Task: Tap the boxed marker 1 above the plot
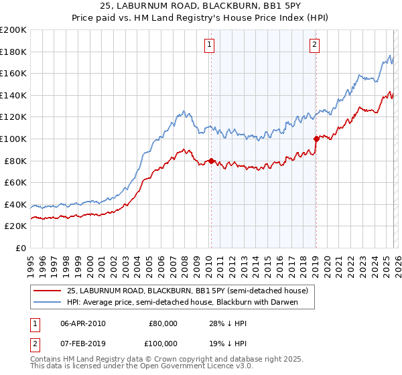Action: pos(210,45)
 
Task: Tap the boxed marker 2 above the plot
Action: pos(314,45)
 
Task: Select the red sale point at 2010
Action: pos(211,161)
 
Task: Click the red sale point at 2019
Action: pos(316,139)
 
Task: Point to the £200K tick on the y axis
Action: pos(13,30)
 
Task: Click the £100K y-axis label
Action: pos(13,139)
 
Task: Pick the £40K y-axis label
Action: pos(15,204)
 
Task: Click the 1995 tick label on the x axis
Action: pos(31,261)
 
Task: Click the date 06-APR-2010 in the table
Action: pos(83,323)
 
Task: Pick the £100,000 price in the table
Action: pos(163,343)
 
